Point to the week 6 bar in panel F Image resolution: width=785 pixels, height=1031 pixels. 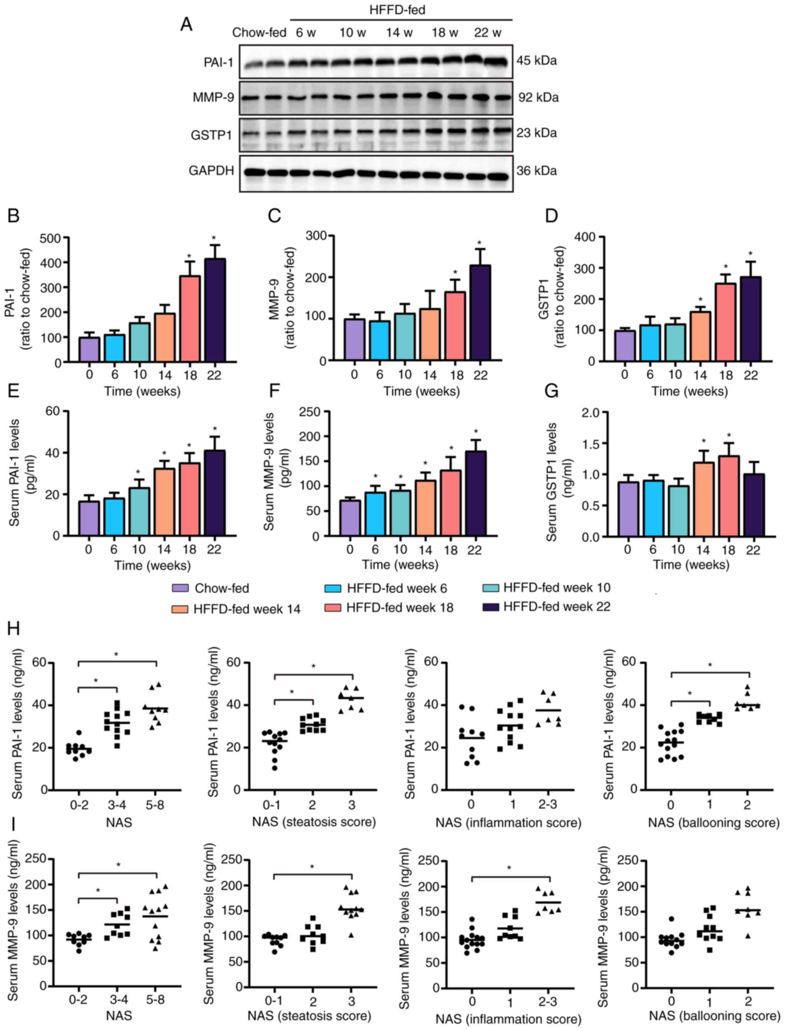(x=375, y=514)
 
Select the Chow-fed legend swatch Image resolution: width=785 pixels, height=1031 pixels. (x=181, y=588)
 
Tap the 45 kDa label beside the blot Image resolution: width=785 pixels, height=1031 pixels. (x=537, y=61)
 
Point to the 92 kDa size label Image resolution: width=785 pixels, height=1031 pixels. (x=538, y=98)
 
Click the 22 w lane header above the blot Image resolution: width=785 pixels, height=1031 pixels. (x=488, y=33)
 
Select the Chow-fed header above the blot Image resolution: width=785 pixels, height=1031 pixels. (x=259, y=33)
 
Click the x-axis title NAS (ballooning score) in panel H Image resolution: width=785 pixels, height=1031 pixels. (x=713, y=823)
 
